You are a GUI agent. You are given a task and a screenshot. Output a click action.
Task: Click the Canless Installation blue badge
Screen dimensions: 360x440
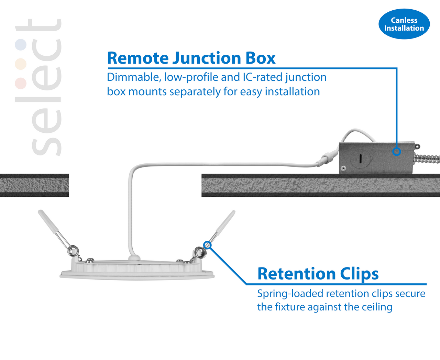pos(404,24)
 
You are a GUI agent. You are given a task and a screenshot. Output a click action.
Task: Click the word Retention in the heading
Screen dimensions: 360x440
pos(296,274)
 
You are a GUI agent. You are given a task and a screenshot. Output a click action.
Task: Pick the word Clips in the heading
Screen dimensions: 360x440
pos(359,274)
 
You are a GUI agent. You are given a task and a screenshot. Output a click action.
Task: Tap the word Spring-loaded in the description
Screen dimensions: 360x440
pos(290,294)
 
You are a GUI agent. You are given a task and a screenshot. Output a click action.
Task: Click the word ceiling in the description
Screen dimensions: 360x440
pos(377,307)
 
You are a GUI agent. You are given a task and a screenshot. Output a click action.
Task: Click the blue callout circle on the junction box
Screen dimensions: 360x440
pos(397,151)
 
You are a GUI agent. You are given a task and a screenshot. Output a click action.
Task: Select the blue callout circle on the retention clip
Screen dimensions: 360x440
pos(207,245)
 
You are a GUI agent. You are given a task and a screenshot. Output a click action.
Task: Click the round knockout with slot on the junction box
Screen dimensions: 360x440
pos(360,159)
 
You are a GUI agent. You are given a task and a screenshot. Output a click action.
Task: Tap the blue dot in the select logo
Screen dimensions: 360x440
pos(21,45)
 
